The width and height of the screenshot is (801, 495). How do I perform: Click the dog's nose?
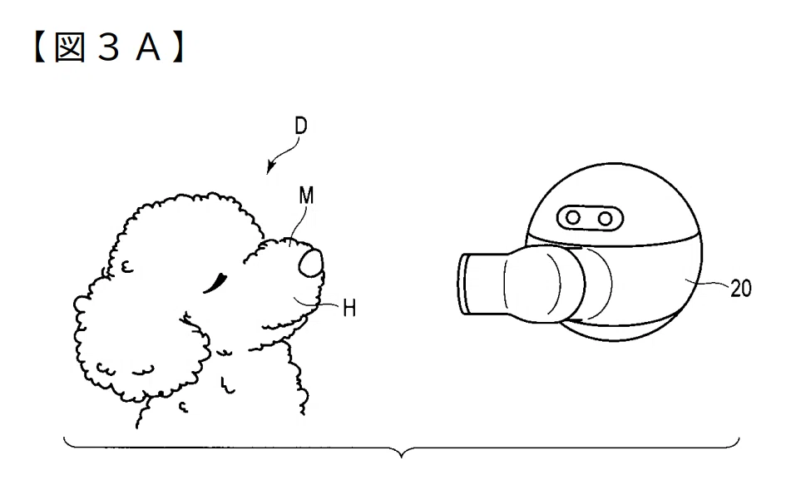coord(311,263)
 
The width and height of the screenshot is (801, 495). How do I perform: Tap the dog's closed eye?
coord(215,283)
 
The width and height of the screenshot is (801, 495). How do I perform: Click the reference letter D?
coord(301,126)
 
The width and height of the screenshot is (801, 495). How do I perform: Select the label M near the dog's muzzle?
coord(306,196)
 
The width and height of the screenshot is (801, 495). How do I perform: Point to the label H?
coord(349,308)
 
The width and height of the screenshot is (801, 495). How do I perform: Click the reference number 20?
coord(741,289)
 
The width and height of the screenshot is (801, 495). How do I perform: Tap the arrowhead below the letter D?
coord(270,166)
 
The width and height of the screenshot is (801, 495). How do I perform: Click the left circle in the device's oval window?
coord(573,218)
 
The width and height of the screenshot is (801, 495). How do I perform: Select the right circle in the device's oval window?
coord(606,219)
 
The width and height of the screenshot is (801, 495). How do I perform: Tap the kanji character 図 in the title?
coord(70,47)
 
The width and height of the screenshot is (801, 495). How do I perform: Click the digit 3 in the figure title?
coord(108,48)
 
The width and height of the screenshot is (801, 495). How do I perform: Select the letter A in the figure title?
coord(148,48)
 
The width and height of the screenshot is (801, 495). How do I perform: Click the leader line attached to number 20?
coord(708,283)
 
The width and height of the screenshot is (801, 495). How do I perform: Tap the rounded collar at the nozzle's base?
coord(544,284)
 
